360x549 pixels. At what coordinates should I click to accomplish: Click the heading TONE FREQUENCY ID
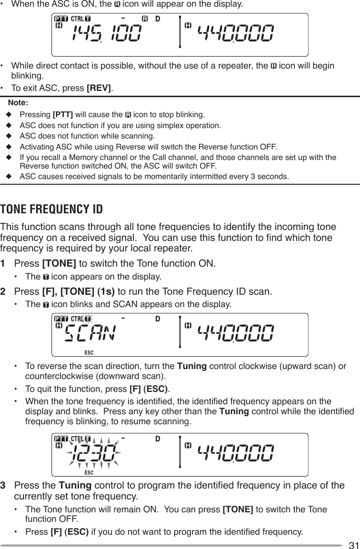[51, 210]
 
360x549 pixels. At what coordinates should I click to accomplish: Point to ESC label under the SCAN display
[89, 352]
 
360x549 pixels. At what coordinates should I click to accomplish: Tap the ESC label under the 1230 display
[89, 472]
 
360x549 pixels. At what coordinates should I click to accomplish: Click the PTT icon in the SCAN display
[60, 318]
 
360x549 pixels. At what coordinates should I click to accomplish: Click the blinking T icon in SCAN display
[87, 318]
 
